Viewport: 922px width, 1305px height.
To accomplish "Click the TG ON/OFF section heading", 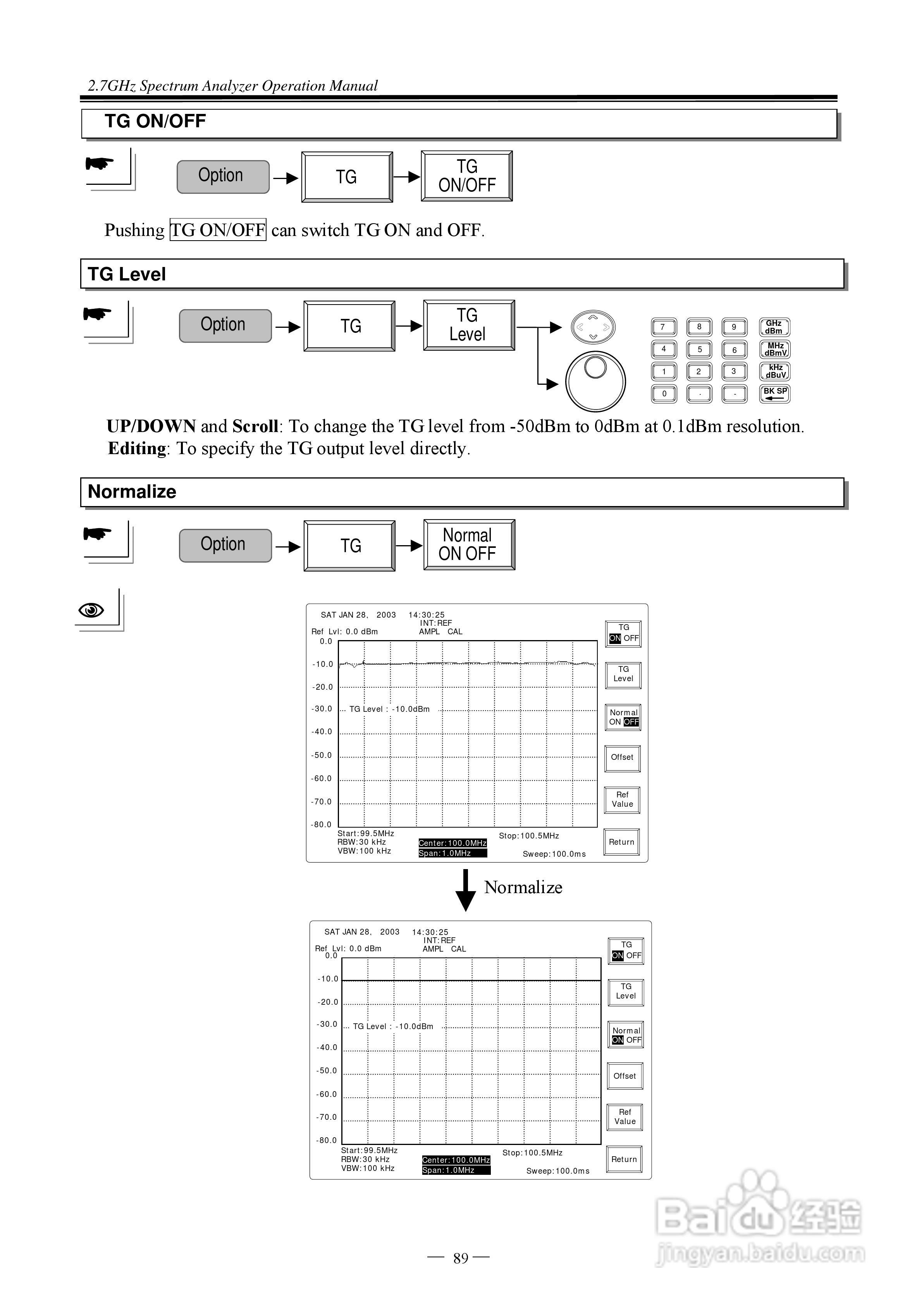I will click(155, 121).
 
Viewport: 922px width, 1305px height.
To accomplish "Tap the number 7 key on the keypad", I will click(663, 327).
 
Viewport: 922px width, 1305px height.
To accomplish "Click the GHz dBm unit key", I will click(774, 327).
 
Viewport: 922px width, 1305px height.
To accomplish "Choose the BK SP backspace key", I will click(774, 393).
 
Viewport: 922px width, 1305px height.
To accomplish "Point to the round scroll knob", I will click(595, 381).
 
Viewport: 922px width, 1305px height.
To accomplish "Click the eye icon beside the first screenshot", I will click(91, 610).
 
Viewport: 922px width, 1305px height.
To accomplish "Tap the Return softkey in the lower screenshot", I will click(624, 1159).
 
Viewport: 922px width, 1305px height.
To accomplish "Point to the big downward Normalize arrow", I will click(466, 891).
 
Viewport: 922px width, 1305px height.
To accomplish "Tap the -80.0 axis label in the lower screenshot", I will click(326, 1140).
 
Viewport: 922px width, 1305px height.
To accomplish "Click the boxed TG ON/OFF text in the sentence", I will click(218, 230).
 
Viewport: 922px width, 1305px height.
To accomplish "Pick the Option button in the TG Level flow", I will click(225, 326).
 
